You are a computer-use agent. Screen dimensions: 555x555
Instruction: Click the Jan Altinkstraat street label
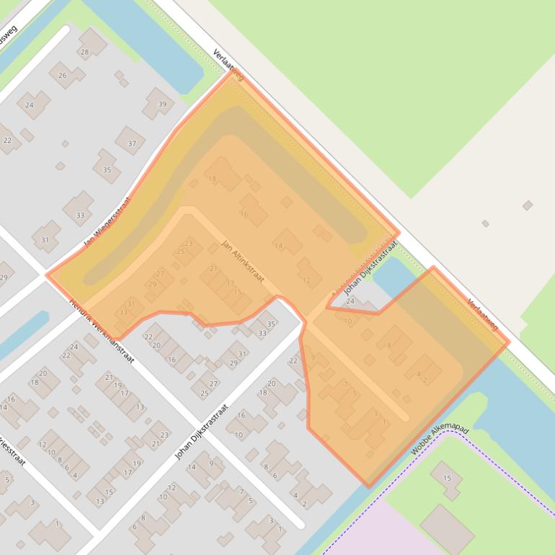tap(243, 260)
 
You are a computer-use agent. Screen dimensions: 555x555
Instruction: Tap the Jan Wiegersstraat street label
tap(107, 223)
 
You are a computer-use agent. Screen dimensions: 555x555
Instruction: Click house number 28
tap(84, 52)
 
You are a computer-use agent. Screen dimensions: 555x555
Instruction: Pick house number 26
tap(63, 75)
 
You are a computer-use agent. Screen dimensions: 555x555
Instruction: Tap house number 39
tap(162, 105)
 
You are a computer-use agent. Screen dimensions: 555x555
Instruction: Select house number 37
tap(131, 143)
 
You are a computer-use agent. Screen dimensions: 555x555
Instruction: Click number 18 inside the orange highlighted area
tap(212, 179)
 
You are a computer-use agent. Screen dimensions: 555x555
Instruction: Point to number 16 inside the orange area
tap(244, 213)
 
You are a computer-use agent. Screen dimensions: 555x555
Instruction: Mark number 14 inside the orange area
tap(278, 246)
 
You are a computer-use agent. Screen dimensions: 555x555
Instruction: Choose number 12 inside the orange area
tap(307, 280)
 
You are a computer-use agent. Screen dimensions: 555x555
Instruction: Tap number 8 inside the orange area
tap(389, 346)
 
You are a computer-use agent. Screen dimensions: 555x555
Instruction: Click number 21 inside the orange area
tap(213, 269)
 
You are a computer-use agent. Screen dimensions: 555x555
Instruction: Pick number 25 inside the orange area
tap(180, 252)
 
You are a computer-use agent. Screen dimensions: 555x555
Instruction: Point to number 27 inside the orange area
tap(160, 274)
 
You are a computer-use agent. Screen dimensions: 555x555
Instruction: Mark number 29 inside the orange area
tap(152, 284)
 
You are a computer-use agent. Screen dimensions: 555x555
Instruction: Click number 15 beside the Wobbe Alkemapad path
tap(447, 478)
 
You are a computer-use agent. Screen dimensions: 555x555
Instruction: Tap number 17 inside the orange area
tap(231, 283)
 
